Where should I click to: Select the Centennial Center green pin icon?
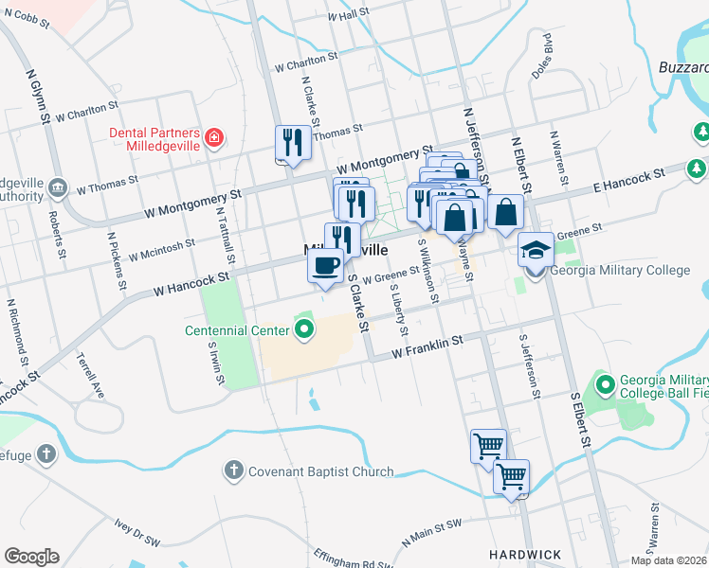304,330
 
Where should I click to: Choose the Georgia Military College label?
621,270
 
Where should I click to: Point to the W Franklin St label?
427,346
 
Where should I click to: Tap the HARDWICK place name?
525,554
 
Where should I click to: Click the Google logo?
31,557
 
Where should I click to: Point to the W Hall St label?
347,16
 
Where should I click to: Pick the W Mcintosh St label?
162,249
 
